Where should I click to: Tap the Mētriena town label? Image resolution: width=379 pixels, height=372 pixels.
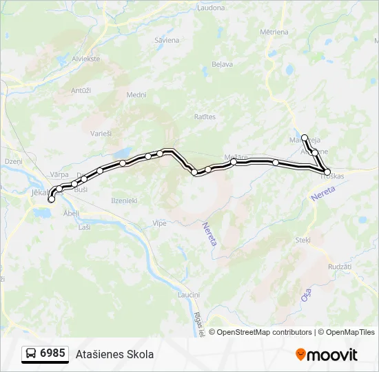pos(274,32)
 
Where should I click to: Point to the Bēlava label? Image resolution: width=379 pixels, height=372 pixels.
pos(222,64)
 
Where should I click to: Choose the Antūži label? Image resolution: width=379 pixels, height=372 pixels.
pos(81,90)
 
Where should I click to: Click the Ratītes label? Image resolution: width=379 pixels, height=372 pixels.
pos(205,117)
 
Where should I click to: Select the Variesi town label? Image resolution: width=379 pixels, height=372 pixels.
pos(102,133)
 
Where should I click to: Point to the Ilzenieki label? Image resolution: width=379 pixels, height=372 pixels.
pos(124,200)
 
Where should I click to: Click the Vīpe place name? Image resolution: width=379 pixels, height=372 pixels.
pos(159,223)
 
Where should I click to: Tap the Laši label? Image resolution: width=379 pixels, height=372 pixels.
pos(85,227)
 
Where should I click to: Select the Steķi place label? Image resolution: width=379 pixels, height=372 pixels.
pos(303,240)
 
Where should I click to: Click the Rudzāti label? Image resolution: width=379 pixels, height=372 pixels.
pos(340,267)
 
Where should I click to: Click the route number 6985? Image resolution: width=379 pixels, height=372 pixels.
pos(52,353)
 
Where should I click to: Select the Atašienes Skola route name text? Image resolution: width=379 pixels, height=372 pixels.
pos(114,354)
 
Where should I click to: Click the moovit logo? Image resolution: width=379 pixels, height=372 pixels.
pos(327,355)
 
